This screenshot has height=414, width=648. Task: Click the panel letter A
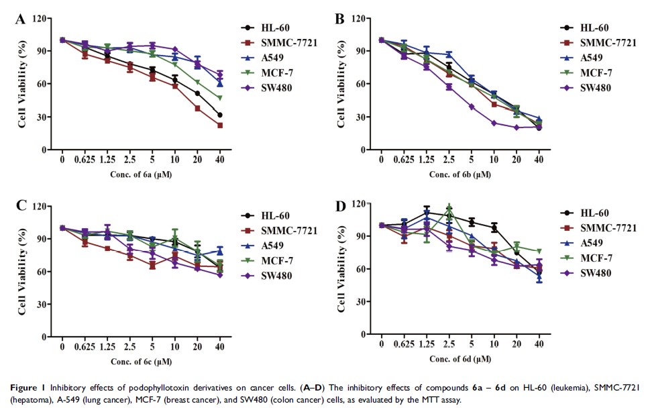click(x=21, y=19)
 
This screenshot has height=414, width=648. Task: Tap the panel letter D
click(x=340, y=206)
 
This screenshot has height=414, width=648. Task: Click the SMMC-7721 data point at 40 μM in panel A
click(x=219, y=125)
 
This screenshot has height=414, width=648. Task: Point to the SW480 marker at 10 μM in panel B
click(x=494, y=123)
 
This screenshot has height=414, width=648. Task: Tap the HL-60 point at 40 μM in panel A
click(x=219, y=115)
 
